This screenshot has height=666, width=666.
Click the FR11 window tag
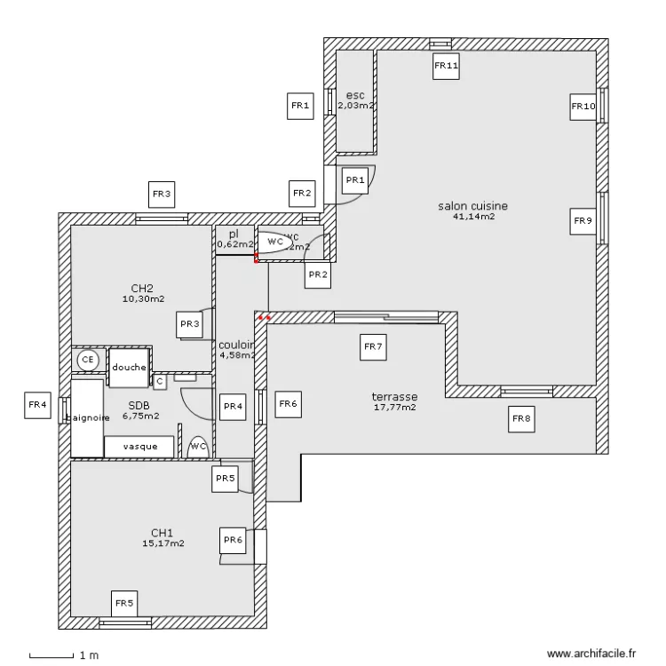[446, 65]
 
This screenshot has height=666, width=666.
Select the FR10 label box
[583, 107]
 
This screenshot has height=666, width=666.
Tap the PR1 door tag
[355, 180]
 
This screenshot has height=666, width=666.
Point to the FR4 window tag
[36, 405]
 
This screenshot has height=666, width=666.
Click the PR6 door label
[233, 539]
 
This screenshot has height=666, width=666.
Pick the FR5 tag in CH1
[124, 603]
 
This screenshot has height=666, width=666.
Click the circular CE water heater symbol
[87, 360]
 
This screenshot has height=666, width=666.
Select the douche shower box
[129, 368]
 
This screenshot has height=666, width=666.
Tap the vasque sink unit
[140, 447]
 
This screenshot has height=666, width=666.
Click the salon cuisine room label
[472, 206]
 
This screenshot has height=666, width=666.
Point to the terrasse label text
[394, 397]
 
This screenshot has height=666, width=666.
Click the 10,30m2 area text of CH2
[143, 299]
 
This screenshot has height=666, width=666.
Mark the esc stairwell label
[355, 95]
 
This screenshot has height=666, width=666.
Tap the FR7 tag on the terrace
[373, 347]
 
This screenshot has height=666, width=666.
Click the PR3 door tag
[189, 324]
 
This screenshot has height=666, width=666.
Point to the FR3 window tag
[161, 193]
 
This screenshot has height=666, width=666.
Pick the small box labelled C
[159, 381]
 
